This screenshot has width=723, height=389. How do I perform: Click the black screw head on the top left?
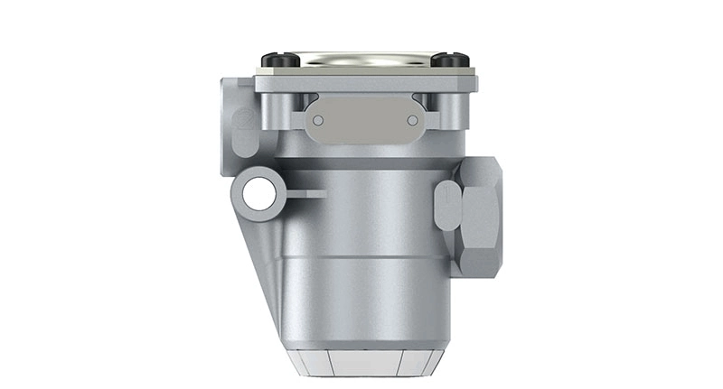pos(283,60)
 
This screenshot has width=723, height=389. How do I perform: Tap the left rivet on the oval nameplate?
pos(317,120)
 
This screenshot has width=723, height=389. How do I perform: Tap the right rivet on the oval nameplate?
pos(412,120)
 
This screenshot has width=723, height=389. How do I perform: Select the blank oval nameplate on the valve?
pos(364,120)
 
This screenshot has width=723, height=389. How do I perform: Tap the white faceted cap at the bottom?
pos(366,363)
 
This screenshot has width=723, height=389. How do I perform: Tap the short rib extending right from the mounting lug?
pos(307,193)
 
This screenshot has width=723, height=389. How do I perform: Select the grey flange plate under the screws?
pos(366,85)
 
